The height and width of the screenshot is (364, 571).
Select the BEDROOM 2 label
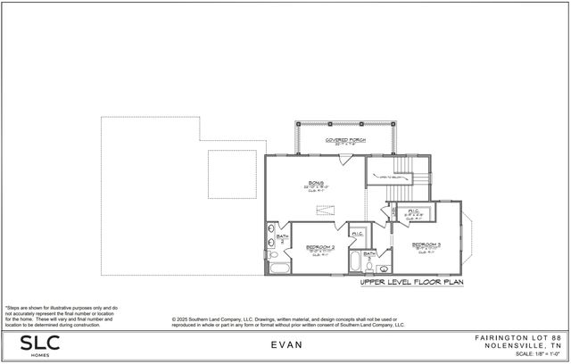(319, 247)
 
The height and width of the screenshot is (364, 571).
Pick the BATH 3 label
(368, 256)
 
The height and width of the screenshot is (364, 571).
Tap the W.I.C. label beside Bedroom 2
(356, 235)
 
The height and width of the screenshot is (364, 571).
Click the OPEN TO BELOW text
(386, 177)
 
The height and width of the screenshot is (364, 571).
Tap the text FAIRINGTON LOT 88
(521, 337)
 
